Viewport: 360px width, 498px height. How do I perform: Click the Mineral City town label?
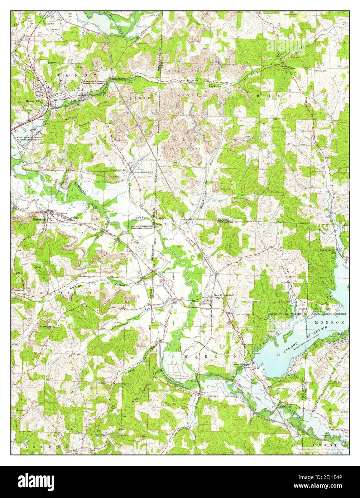tap(34, 101)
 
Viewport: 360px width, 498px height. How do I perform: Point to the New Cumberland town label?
tap(224, 295)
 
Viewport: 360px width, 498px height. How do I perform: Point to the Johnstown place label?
tap(18, 290)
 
